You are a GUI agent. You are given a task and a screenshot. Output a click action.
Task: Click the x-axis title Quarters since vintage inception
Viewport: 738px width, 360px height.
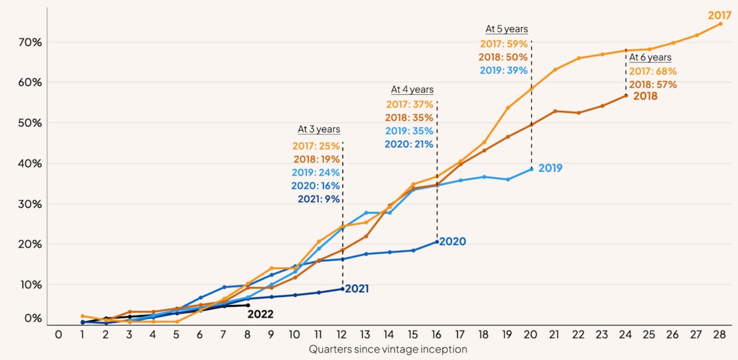pyautogui.click(x=388, y=349)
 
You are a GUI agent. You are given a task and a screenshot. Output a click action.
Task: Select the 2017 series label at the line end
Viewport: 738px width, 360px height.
pyautogui.click(x=719, y=15)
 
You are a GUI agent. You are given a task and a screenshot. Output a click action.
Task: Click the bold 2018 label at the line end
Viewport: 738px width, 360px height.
pyautogui.click(x=645, y=96)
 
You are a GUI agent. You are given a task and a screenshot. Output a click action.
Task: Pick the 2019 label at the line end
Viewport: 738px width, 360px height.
pyautogui.click(x=550, y=168)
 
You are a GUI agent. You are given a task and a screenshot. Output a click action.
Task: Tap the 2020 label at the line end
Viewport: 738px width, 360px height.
pyautogui.click(x=452, y=242)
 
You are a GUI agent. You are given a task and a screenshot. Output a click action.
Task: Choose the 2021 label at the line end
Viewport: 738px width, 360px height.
pyautogui.click(x=356, y=289)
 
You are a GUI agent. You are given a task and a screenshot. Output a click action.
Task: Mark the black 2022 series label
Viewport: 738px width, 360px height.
pyautogui.click(x=260, y=314)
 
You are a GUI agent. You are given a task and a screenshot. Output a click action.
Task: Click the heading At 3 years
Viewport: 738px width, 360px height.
pyautogui.click(x=318, y=129)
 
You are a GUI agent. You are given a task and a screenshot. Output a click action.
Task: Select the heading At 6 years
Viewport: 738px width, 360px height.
pyautogui.click(x=651, y=57)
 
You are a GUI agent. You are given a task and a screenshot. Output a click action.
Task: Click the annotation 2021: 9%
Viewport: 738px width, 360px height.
pyautogui.click(x=318, y=199)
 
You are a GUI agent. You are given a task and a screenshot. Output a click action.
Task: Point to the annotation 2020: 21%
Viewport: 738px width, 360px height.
pyautogui.click(x=409, y=144)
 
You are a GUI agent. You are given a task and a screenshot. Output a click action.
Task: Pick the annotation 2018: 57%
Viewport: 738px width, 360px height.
pyautogui.click(x=653, y=85)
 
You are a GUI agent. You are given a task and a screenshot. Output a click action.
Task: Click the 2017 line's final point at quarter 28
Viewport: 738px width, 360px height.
pyautogui.click(x=720, y=23)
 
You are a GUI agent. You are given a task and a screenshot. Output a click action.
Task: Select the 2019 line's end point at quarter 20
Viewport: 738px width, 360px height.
pyautogui.click(x=531, y=169)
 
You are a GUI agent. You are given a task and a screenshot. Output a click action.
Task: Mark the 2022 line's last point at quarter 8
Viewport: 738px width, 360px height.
pyautogui.click(x=247, y=305)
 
